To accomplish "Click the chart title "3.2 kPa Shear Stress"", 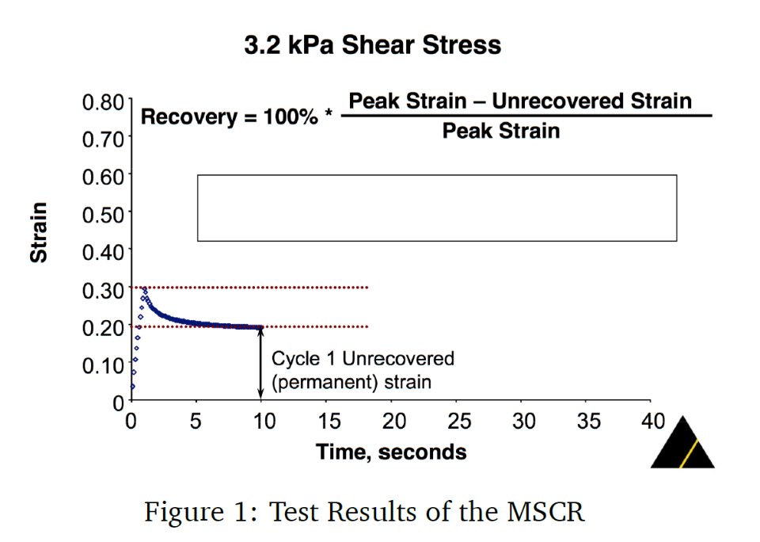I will [372, 45].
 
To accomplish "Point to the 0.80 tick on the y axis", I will [103, 103].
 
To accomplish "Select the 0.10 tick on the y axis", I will [103, 365].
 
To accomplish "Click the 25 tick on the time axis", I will [459, 421].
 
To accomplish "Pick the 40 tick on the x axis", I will [651, 421].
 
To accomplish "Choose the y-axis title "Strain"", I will [39, 233].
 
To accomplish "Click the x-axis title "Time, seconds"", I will [391, 452].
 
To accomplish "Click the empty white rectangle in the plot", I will [437, 208].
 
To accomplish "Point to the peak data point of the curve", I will [143, 289].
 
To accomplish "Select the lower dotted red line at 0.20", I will [317, 326].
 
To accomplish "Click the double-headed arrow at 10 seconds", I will [260, 363].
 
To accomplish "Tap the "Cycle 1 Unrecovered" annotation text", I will [363, 359].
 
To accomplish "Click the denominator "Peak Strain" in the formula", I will [500, 131].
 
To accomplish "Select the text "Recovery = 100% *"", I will [235, 117].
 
